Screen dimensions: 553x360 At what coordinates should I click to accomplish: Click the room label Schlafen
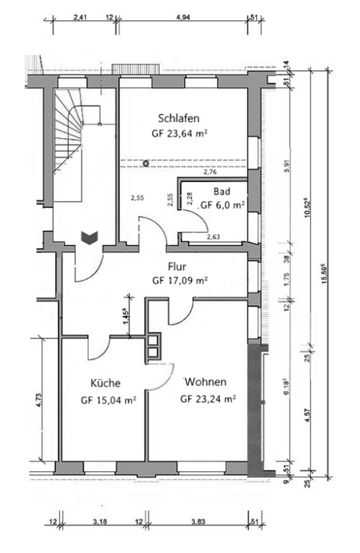(x=179, y=119)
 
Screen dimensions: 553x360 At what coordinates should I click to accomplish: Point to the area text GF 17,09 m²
(x=180, y=281)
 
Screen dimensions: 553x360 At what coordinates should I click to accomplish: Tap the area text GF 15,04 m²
(x=108, y=399)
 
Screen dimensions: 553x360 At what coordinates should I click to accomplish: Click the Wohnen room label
(x=206, y=382)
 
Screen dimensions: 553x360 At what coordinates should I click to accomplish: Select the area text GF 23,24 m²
(x=208, y=398)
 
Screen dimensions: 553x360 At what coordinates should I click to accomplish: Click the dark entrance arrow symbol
(x=89, y=237)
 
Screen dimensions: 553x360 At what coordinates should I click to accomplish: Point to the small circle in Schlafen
(x=146, y=164)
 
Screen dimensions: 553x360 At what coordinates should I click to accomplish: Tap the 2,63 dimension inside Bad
(x=214, y=236)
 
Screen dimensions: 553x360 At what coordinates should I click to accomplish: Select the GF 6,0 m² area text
(x=222, y=205)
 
